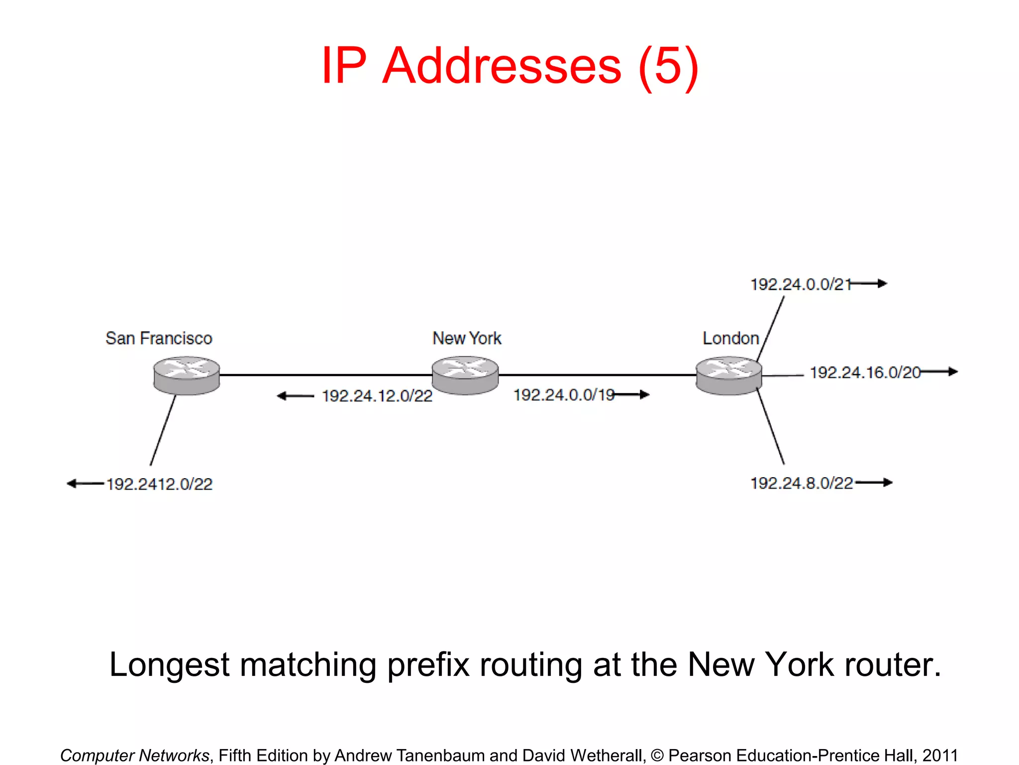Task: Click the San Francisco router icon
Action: coord(187,376)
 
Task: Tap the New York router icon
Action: coord(465,376)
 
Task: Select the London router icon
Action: coord(728,376)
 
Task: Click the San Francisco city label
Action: coord(159,338)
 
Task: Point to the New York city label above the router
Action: coord(467,338)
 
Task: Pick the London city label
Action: coord(730,338)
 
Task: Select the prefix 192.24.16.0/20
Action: coord(865,373)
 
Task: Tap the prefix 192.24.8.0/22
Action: coord(802,483)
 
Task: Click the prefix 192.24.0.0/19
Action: coord(564,395)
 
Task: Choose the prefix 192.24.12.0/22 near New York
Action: coord(377,396)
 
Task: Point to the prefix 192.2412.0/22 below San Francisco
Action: coord(159,484)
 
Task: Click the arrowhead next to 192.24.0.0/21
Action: coord(882,283)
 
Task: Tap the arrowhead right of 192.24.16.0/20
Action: coord(952,372)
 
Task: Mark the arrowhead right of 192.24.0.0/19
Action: coord(644,394)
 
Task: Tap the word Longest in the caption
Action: coord(169,665)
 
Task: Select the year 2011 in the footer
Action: coord(940,755)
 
